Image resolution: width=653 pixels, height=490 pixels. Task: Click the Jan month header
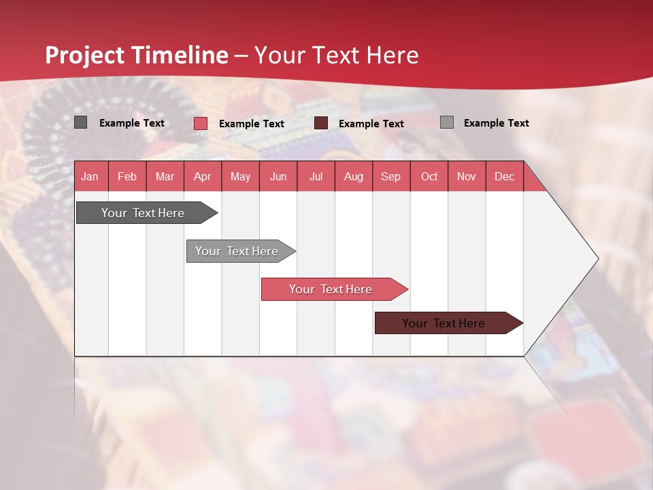90,176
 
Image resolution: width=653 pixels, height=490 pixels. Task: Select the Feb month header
127,176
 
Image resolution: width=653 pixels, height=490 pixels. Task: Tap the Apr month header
202,176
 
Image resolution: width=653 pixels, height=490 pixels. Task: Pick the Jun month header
278,176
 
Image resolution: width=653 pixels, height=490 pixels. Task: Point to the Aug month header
353,176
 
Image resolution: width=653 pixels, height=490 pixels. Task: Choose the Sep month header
390,176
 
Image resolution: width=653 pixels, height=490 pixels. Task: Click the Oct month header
429,176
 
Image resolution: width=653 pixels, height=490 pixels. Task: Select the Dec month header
504,176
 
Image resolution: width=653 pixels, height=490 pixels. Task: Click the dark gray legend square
80,122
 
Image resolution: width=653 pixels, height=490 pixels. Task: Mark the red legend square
200,123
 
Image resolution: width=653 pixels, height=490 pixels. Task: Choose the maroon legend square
321,123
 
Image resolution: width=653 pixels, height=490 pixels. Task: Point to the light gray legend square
446,122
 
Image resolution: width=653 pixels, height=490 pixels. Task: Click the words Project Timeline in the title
137,55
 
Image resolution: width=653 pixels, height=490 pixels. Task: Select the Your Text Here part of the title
336,55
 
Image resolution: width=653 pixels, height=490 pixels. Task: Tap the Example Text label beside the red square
251,124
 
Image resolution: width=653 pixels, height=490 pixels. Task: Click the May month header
240,176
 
